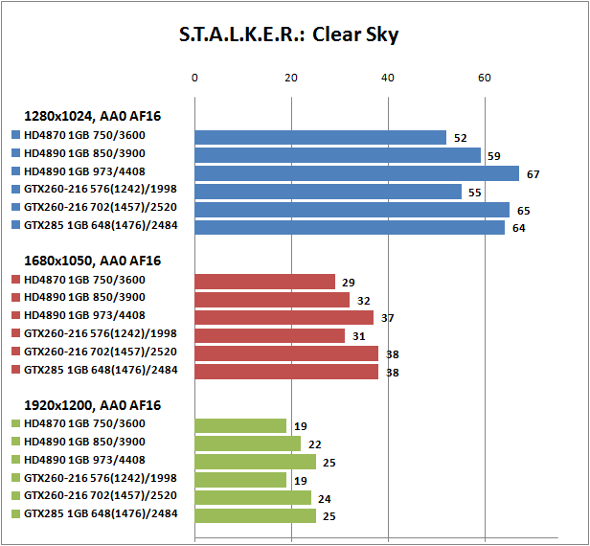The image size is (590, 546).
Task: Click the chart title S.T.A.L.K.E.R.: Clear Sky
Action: [x=288, y=34]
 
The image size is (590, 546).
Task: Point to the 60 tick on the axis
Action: [x=485, y=78]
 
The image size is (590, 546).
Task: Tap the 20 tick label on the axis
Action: [x=291, y=78]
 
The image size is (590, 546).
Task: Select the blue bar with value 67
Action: [x=356, y=173]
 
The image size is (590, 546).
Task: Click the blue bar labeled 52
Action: [x=320, y=137]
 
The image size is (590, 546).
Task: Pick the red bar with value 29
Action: [x=264, y=282]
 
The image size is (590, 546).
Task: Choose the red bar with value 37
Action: [x=284, y=317]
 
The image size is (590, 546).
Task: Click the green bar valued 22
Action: [x=247, y=444]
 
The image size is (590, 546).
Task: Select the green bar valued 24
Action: [x=253, y=498]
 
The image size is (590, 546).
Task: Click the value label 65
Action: [x=524, y=210]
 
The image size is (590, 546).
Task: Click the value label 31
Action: [x=359, y=336]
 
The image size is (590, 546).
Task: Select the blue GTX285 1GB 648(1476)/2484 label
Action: [x=100, y=226]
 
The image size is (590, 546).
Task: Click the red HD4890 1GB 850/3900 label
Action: [x=84, y=298]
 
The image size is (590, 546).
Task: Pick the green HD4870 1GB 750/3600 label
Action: [x=84, y=424]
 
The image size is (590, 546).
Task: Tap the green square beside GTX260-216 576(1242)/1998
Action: [x=16, y=479]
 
